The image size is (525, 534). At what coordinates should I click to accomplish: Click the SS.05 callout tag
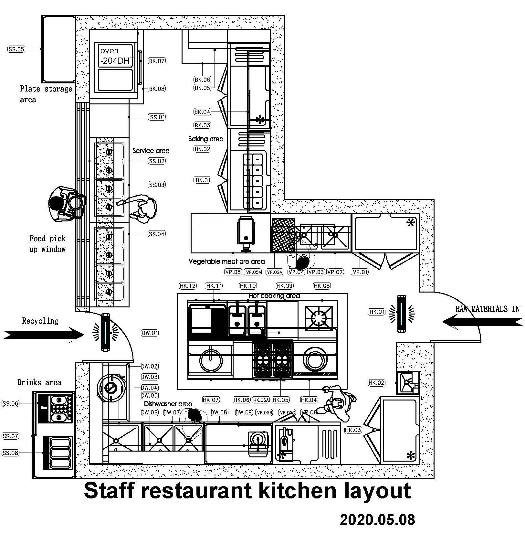[x=16, y=49]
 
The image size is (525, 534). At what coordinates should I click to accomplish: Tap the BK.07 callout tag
[x=157, y=61]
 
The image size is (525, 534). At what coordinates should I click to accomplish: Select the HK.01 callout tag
[x=377, y=312]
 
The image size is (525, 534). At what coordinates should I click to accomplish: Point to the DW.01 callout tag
[x=150, y=333]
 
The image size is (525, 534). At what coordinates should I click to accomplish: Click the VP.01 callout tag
[x=360, y=272]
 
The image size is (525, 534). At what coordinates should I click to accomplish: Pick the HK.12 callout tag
[x=188, y=286]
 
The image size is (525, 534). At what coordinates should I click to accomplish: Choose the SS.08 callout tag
[x=10, y=453]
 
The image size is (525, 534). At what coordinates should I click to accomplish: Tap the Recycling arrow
[x=44, y=334]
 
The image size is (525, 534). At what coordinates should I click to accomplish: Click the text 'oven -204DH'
[x=115, y=56]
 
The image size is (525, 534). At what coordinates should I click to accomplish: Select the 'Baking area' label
[x=206, y=139]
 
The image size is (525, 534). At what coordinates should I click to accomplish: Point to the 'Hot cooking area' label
[x=274, y=296]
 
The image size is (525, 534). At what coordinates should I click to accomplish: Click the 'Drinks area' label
[x=39, y=382]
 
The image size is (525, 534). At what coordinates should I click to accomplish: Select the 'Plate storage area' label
[x=46, y=94]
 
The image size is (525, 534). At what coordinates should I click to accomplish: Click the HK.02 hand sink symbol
[x=408, y=383]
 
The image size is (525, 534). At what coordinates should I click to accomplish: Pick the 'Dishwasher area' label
[x=168, y=404]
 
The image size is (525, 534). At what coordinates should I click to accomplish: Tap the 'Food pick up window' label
[x=47, y=244]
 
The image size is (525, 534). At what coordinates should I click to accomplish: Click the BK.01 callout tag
[x=203, y=180]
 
